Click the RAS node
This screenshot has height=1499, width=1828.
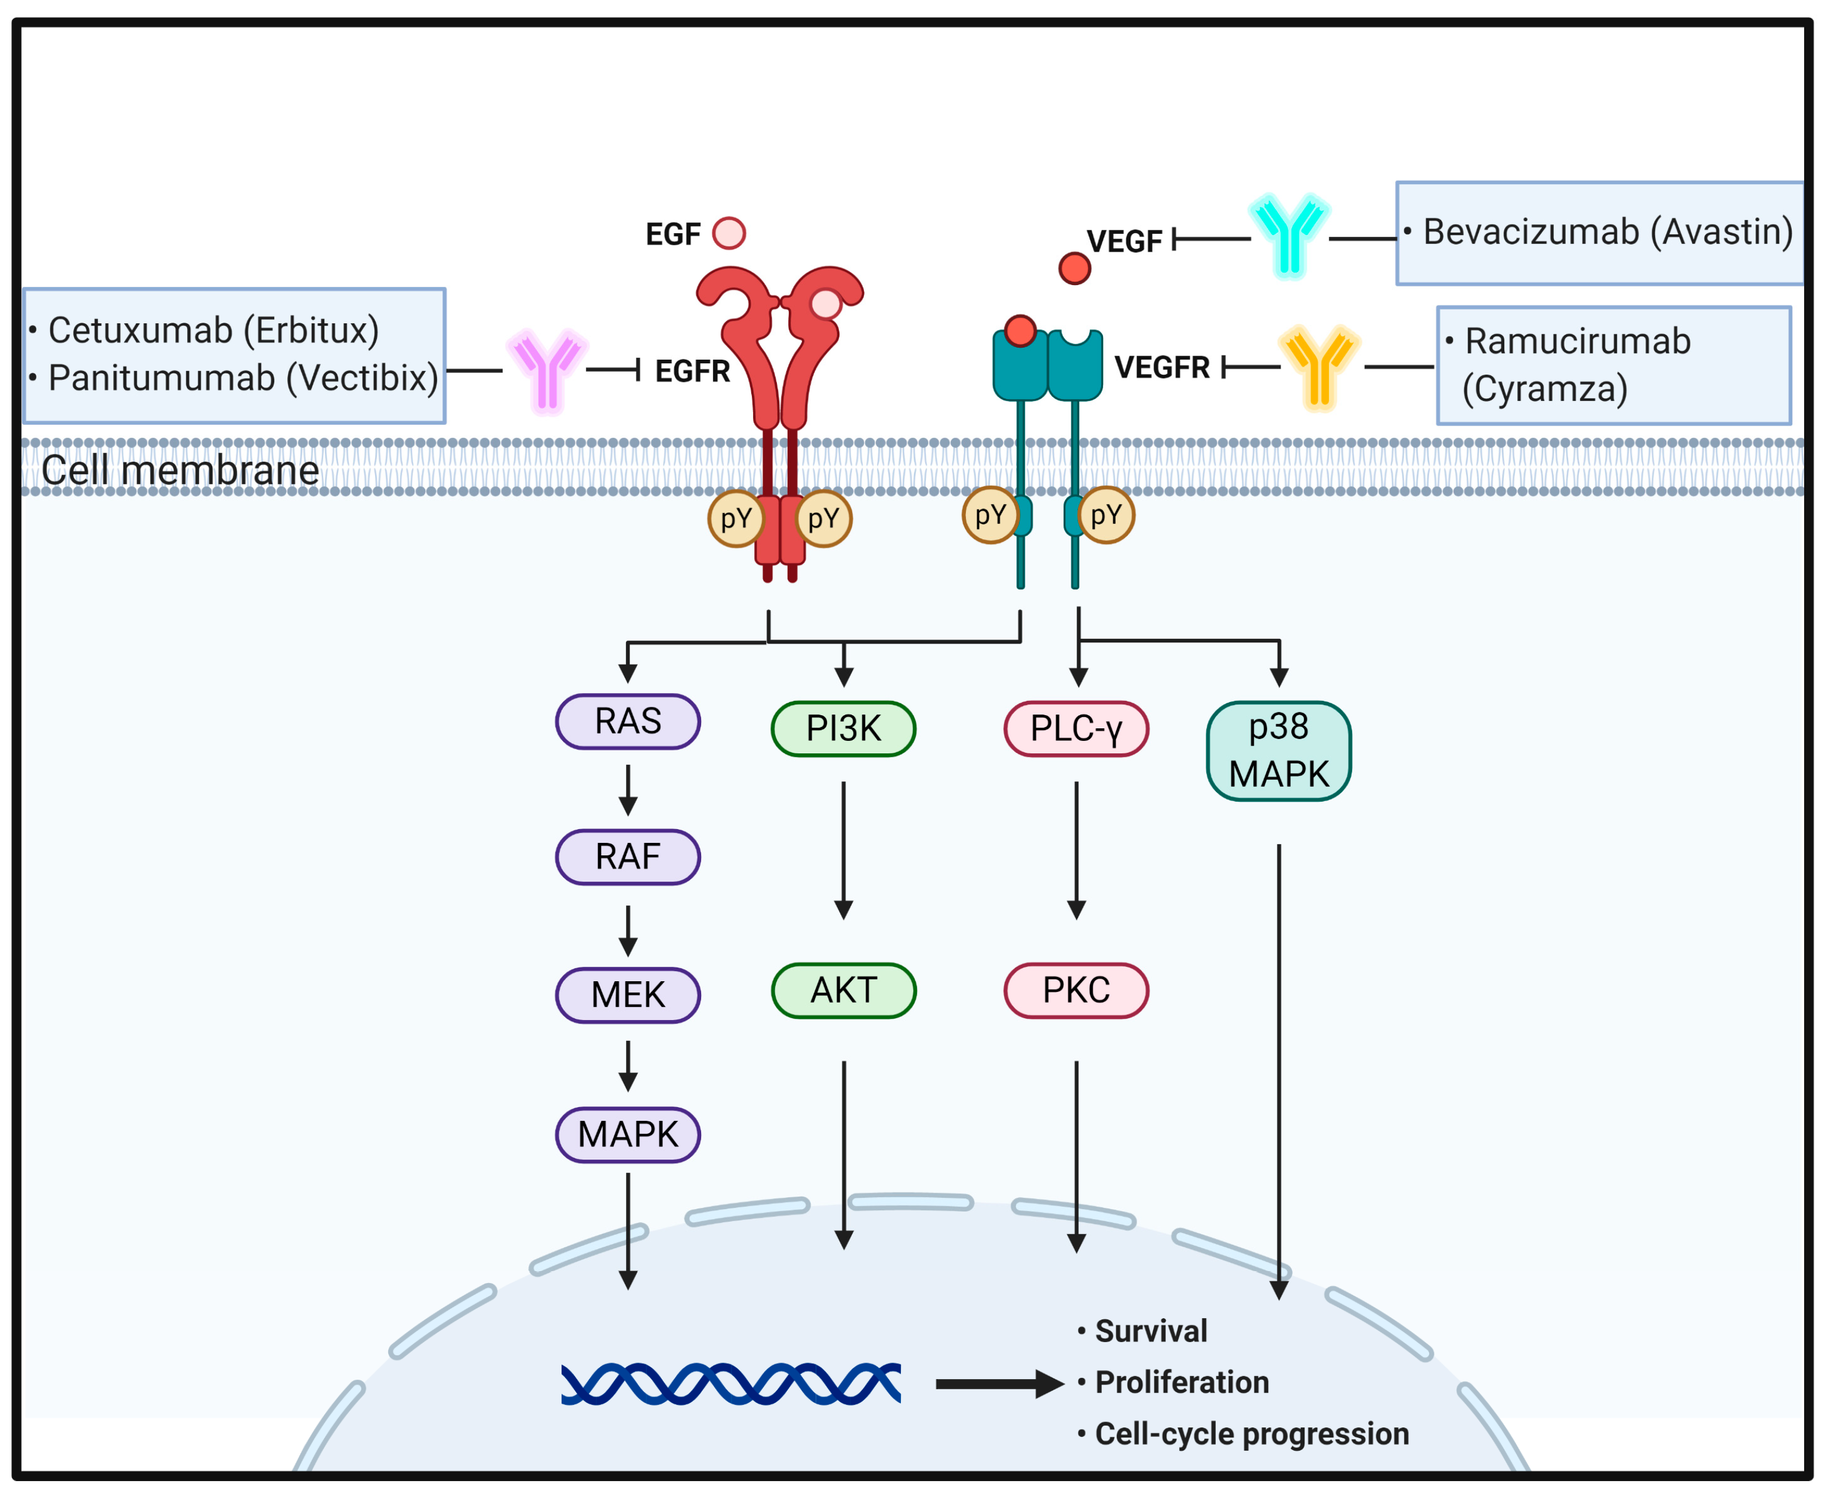pyautogui.click(x=627, y=721)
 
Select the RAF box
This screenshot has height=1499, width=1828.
pyautogui.click(x=627, y=857)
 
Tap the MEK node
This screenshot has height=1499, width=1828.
pyautogui.click(x=627, y=995)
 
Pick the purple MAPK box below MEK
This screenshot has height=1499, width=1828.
pyautogui.click(x=627, y=1134)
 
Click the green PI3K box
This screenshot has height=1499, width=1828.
pyautogui.click(x=843, y=728)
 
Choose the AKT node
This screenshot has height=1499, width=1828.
pyautogui.click(x=843, y=990)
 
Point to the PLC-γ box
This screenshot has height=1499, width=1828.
pyautogui.click(x=1076, y=728)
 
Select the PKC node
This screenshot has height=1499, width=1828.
pyautogui.click(x=1076, y=990)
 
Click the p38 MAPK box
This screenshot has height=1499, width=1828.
pyautogui.click(x=1278, y=750)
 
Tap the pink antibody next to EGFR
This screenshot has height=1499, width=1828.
pyautogui.click(x=546, y=370)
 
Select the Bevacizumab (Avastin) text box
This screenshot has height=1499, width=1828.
pyautogui.click(x=1598, y=232)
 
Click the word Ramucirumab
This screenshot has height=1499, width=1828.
pyautogui.click(x=1577, y=341)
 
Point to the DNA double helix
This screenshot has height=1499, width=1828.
pyautogui.click(x=730, y=1383)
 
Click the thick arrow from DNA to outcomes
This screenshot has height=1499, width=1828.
pyautogui.click(x=999, y=1383)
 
